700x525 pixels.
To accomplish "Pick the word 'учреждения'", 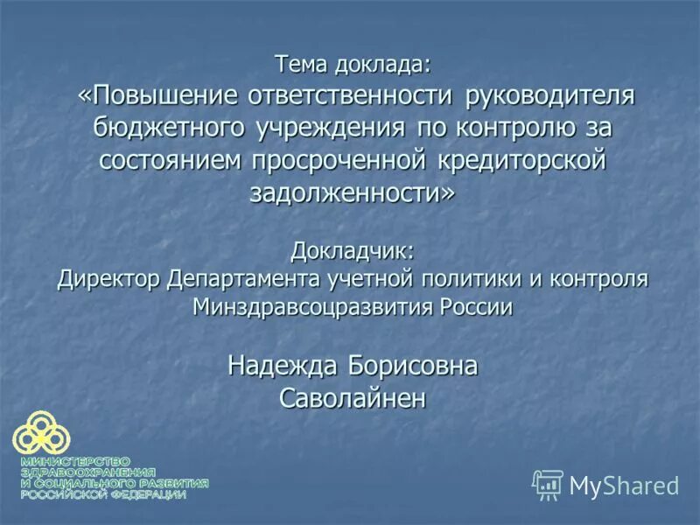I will pyautogui.click(x=330, y=128).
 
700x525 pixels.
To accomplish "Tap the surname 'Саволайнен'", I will pyautogui.click(x=353, y=399).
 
